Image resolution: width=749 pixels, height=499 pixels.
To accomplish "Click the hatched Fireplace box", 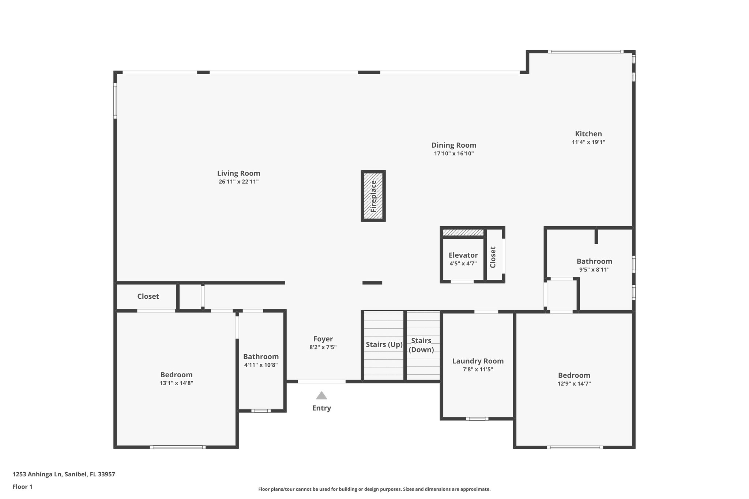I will click(373, 196).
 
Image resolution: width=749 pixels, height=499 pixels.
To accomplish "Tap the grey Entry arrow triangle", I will click(321, 396).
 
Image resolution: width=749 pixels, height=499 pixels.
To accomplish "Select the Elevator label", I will click(463, 255).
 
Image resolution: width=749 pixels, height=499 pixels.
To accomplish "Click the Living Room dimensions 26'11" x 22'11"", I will click(238, 182).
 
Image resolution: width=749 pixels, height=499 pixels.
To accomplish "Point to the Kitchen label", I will click(588, 134).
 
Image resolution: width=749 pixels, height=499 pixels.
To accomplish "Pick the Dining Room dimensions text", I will click(453, 154).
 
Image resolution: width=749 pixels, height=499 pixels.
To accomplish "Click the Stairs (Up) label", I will click(384, 344).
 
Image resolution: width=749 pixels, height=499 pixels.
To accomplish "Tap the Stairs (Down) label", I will click(421, 345).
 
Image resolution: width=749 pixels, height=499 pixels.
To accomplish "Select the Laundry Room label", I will click(478, 361).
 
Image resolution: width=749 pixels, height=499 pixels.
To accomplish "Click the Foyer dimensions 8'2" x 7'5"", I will click(323, 347).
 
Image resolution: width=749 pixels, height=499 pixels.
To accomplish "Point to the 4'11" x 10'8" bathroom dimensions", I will click(261, 365).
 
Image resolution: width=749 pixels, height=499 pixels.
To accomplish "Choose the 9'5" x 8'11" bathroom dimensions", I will click(594, 270).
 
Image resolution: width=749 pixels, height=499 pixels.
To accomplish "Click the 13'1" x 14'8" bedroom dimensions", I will click(176, 383).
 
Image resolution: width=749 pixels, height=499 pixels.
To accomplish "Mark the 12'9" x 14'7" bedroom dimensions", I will click(574, 383).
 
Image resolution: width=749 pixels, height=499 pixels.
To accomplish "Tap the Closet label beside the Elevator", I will click(493, 257).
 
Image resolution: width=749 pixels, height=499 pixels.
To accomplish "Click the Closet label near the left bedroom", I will click(148, 296).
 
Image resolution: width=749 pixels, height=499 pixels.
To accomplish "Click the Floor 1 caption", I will click(22, 487).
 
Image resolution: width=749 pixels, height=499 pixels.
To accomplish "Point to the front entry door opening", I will click(321, 381).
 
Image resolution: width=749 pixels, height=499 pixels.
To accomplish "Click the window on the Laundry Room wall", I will click(477, 419).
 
